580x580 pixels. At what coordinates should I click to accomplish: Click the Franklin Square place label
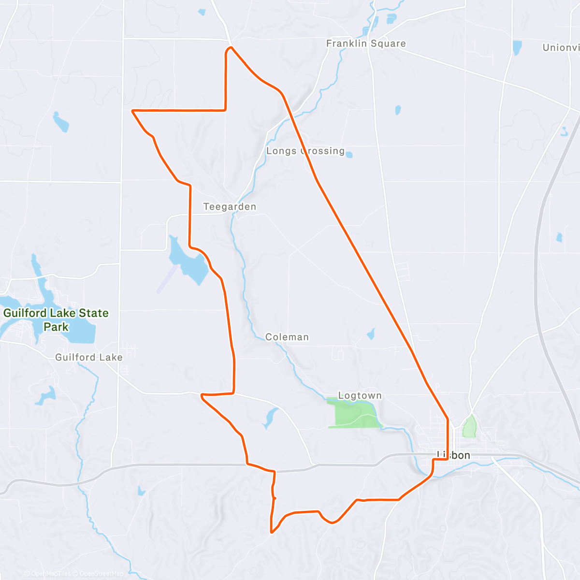point(366,43)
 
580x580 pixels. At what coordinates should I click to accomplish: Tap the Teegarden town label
point(230,207)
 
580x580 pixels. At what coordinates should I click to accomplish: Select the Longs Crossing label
point(305,151)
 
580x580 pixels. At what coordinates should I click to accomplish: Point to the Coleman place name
point(287,337)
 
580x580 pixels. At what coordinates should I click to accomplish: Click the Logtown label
point(360,396)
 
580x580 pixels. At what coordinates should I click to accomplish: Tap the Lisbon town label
point(453,455)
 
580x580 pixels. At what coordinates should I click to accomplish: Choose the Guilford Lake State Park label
point(56,320)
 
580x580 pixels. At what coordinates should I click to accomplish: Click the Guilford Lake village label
point(89,357)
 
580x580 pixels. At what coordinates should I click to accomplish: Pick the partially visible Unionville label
point(561,47)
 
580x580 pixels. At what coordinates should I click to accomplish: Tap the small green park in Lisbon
point(469,427)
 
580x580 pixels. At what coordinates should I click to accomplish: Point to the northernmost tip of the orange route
point(231,47)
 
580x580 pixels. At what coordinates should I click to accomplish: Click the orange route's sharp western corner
point(133,111)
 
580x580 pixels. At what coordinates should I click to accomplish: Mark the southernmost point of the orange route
point(272,533)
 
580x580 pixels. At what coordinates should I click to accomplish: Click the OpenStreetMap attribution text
point(101,574)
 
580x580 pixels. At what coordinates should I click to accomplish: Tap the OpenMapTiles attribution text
point(51,574)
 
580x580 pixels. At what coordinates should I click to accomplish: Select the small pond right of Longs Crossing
point(349,155)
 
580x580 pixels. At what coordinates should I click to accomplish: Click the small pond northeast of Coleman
point(371,333)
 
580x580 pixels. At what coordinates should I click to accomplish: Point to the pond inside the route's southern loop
point(269,418)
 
